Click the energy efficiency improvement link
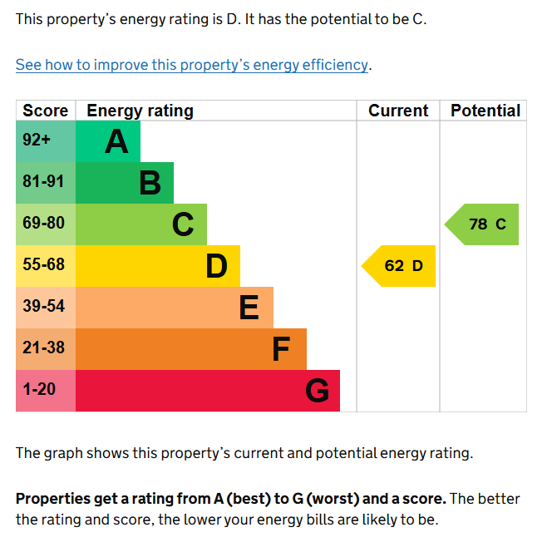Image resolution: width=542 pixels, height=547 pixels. pyautogui.click(x=192, y=65)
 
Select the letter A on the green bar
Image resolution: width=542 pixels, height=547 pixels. pyautogui.click(x=116, y=141)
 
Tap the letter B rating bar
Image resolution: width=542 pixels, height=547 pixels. pyautogui.click(x=150, y=183)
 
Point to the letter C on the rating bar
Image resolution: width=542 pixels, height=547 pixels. pyautogui.click(x=183, y=224)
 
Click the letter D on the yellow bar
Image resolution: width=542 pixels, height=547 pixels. pyautogui.click(x=216, y=266)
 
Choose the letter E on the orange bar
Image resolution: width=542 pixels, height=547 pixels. pyautogui.click(x=249, y=308)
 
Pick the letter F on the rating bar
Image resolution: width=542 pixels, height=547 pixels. pyautogui.click(x=281, y=349)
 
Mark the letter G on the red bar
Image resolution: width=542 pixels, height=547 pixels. pyautogui.click(x=317, y=391)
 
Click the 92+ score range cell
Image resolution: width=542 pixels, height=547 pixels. pyautogui.click(x=37, y=140)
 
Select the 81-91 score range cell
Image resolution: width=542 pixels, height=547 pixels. pyautogui.click(x=43, y=182)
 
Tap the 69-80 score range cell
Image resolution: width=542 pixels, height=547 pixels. pyautogui.click(x=43, y=224)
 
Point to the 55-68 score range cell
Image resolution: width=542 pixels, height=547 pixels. pyautogui.click(x=43, y=265)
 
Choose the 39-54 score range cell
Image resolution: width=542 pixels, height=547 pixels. pyautogui.click(x=43, y=307)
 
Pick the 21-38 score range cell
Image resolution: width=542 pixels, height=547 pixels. pyautogui.click(x=43, y=348)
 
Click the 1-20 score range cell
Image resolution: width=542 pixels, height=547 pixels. pyautogui.click(x=39, y=390)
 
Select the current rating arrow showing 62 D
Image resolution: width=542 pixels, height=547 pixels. pyautogui.click(x=402, y=266)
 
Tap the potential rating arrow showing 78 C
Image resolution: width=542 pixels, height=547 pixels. pyautogui.click(x=485, y=224)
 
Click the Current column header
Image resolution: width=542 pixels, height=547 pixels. pyautogui.click(x=398, y=111)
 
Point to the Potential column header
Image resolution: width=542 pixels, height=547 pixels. pyautogui.click(x=485, y=111)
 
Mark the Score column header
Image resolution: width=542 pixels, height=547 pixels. pyautogui.click(x=46, y=111)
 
